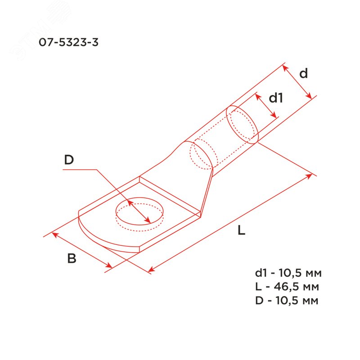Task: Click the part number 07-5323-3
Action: pos(68,42)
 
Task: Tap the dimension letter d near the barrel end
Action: pos(303,73)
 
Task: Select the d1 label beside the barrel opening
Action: pos(276,98)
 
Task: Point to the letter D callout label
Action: pos(69,160)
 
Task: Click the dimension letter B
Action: pos(72,258)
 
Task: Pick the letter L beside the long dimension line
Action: pos(241,230)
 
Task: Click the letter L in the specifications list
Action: pos(258,287)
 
